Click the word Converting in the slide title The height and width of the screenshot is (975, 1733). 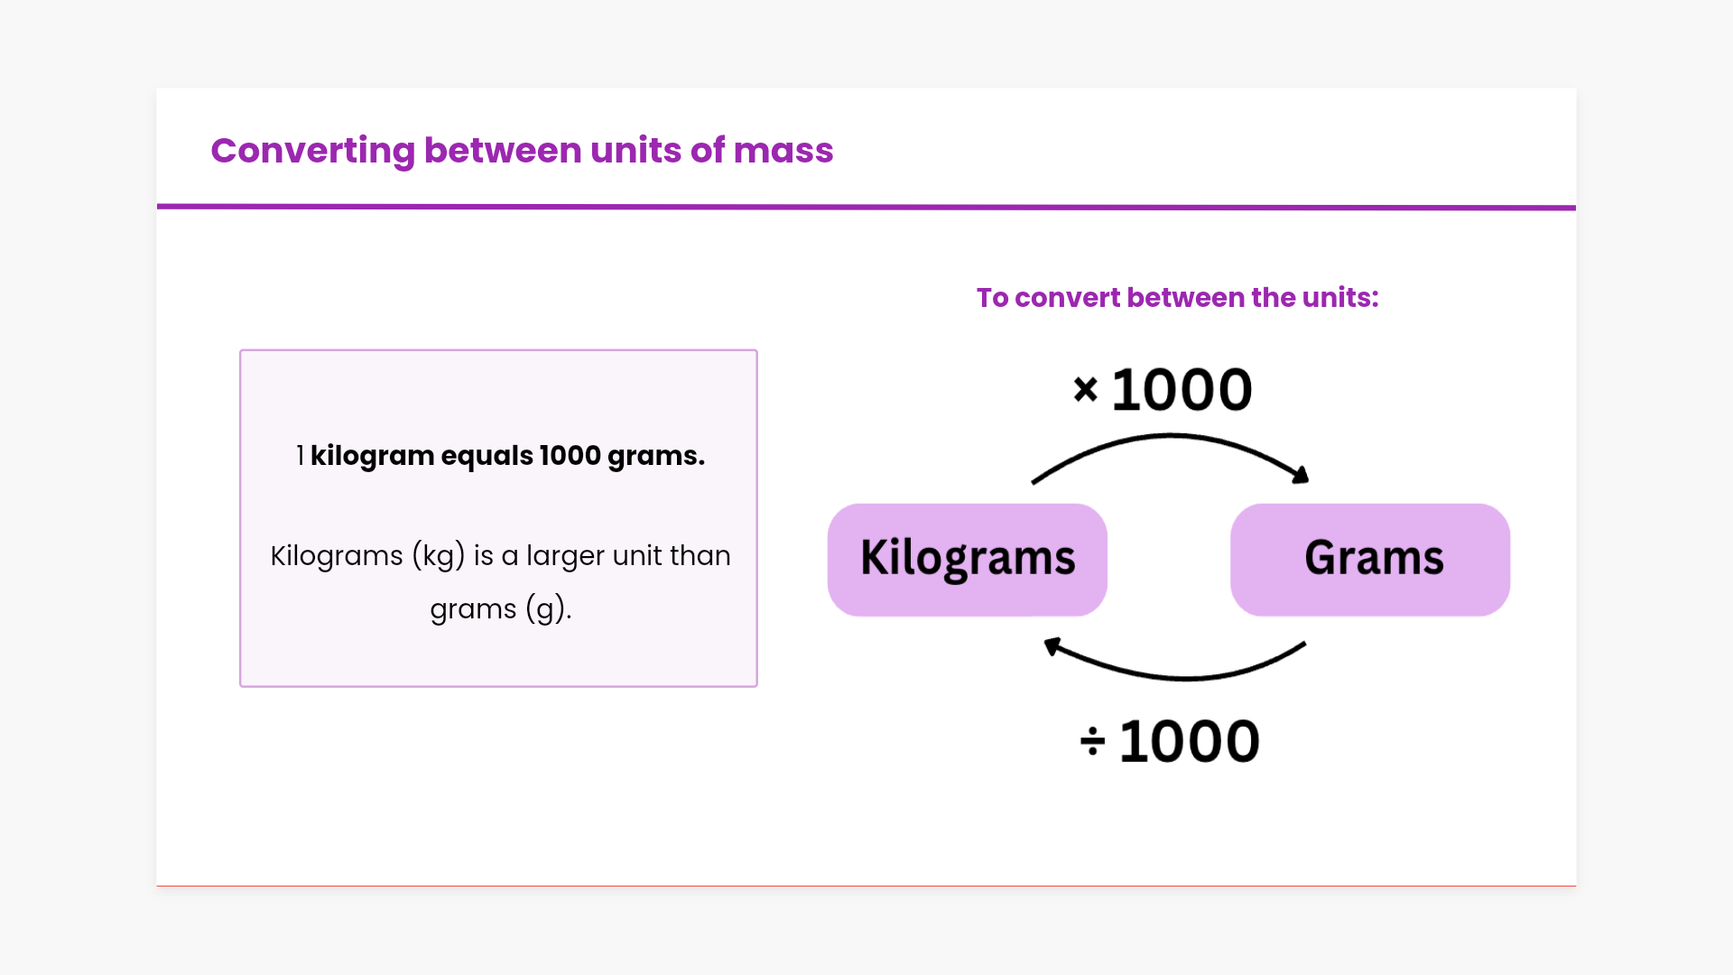click(x=312, y=152)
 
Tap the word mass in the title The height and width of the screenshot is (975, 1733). click(x=783, y=151)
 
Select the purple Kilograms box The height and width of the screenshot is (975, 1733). click(x=968, y=560)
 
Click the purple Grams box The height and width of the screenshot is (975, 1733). click(x=1370, y=560)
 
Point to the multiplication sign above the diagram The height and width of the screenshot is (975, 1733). click(x=1086, y=389)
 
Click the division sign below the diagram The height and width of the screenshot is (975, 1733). click(x=1092, y=741)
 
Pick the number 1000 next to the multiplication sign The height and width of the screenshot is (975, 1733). click(x=1182, y=390)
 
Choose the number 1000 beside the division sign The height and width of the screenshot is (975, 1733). click(x=1189, y=742)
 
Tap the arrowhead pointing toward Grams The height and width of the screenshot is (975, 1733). click(x=1300, y=474)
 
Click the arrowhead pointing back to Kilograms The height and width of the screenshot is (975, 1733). click(x=1052, y=646)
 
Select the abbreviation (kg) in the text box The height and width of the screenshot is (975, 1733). click(x=439, y=556)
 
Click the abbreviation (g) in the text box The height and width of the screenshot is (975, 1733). click(x=549, y=609)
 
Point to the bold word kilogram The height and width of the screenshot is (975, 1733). click(x=372, y=456)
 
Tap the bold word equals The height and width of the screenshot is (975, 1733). click(x=487, y=457)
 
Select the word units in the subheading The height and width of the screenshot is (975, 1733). click(x=1340, y=298)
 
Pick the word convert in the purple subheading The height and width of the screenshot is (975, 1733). click(x=1068, y=298)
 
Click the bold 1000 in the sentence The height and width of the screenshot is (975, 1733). click(x=570, y=456)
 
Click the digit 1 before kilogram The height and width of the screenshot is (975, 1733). click(x=301, y=456)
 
